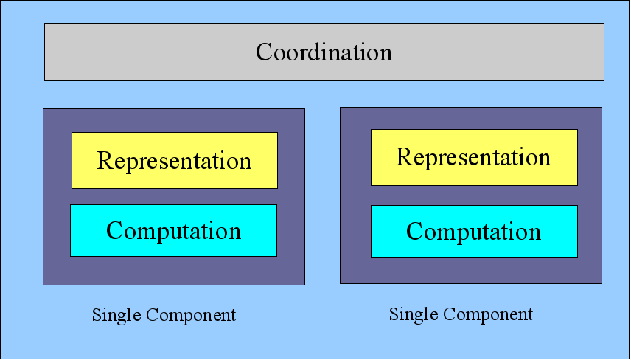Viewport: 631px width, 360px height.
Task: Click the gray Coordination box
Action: [324, 52]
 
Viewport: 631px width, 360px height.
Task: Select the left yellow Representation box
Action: [175, 160]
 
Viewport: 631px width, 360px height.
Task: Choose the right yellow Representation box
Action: [474, 157]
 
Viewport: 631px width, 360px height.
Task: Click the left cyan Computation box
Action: [173, 230]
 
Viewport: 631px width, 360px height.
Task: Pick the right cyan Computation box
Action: [474, 232]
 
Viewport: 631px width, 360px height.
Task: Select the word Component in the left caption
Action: [191, 315]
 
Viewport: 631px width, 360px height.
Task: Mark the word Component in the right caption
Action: [488, 314]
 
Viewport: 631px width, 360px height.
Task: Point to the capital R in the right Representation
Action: [405, 156]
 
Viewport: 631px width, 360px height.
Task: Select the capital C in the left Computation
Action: [116, 230]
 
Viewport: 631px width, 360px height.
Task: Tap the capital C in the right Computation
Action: [415, 232]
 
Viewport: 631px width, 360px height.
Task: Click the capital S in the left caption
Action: [97, 315]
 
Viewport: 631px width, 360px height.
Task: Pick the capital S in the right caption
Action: [394, 314]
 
